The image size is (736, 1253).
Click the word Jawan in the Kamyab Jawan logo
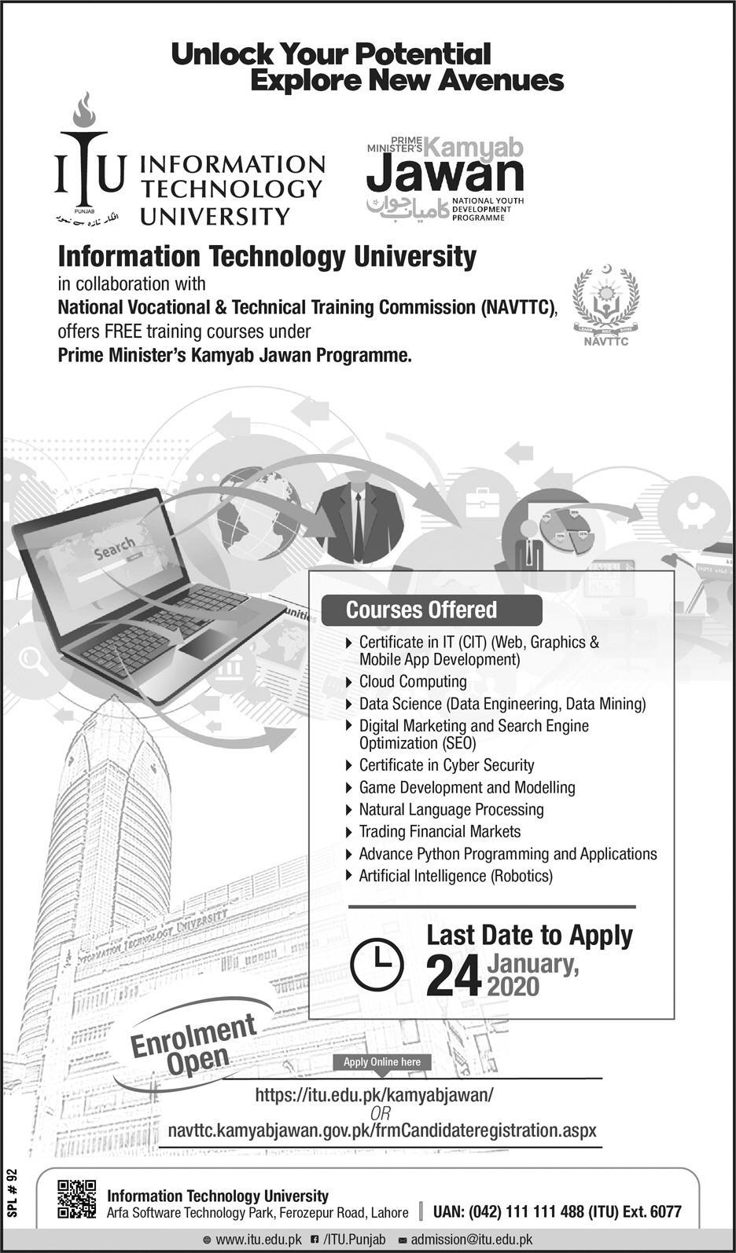pos(445,175)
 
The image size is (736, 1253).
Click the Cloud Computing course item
pos(412,682)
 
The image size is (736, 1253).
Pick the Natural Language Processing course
pos(451,809)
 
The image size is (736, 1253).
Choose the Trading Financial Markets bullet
pos(439,831)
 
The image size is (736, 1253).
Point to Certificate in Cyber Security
pos(446,765)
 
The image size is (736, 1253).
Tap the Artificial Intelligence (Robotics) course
pos(455,875)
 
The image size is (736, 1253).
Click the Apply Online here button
pos(382,1062)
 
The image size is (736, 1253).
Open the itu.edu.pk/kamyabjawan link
pos(374,1094)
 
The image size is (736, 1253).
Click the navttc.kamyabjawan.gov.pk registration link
pos(382,1130)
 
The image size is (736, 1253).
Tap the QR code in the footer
pos(77,1200)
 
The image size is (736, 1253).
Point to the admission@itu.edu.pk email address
pos(471,1240)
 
